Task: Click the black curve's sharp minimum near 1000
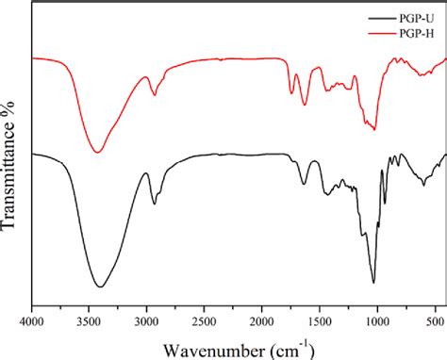(x=374, y=282)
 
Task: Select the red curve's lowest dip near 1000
(x=374, y=129)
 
